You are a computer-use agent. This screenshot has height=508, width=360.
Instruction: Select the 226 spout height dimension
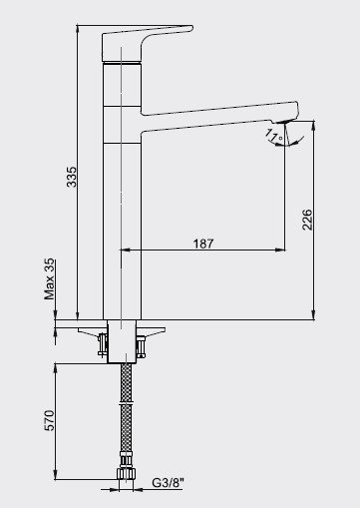[x=307, y=218]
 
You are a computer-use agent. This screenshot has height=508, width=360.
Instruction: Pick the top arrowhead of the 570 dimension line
[x=55, y=368]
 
